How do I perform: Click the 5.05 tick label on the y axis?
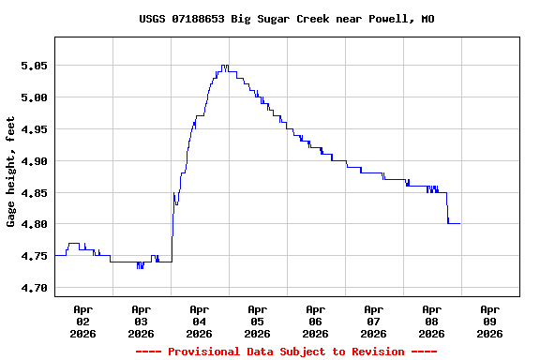(34, 66)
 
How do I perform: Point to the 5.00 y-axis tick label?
(34, 97)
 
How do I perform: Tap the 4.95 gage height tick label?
(34, 129)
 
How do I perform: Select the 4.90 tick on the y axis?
(34, 161)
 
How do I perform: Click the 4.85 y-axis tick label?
(34, 193)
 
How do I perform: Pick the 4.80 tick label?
(34, 225)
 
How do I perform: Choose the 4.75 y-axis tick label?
(34, 256)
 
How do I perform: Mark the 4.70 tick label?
(34, 288)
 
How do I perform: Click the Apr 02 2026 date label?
(82, 321)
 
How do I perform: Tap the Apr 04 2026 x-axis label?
(199, 321)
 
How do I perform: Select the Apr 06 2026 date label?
(315, 321)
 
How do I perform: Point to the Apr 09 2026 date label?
(489, 321)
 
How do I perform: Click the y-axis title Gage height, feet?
(11, 172)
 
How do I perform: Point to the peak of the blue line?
(224, 66)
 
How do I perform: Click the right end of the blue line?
(459, 223)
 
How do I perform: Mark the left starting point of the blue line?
(55, 255)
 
